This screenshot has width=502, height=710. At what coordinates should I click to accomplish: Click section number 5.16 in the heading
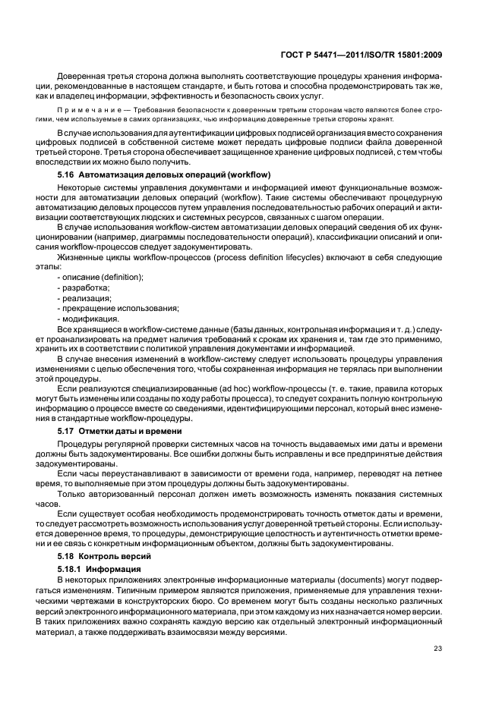point(66,175)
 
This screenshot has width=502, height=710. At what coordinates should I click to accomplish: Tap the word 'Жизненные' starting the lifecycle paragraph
point(80,257)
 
